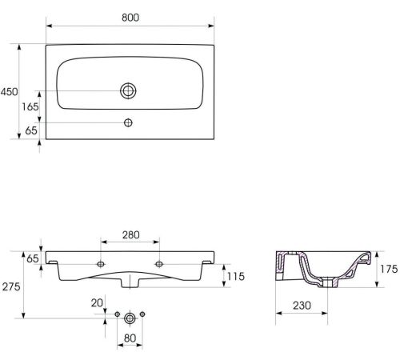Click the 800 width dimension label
click(x=130, y=18)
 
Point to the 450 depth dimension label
click(x=10, y=92)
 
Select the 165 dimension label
click(x=30, y=106)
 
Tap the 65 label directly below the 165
click(x=31, y=130)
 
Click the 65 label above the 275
click(x=33, y=258)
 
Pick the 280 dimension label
click(x=131, y=235)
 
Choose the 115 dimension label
click(x=236, y=277)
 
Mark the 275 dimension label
click(x=11, y=286)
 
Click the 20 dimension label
click(x=97, y=303)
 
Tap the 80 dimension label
click(x=130, y=338)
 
